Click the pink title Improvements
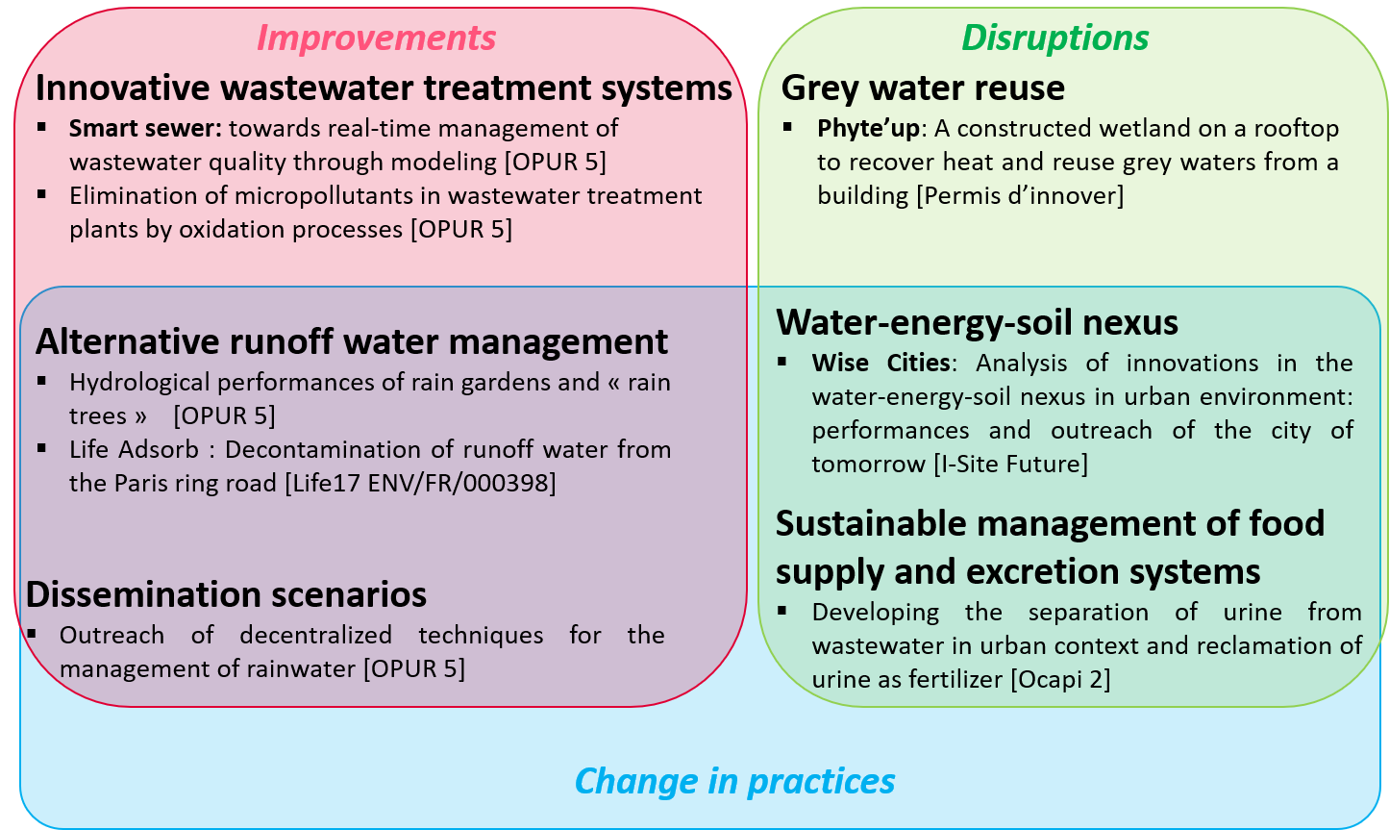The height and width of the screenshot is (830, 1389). coord(377,38)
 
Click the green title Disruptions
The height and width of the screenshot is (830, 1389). coord(1054,38)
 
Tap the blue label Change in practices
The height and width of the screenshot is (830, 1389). coord(734,781)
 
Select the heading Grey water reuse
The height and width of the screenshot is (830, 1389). coord(923,88)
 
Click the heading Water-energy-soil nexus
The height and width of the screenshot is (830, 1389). coord(977,322)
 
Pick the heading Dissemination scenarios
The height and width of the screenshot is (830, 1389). coord(226,594)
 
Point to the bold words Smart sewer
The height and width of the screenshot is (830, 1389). coord(145,129)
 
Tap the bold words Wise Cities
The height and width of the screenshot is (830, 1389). coord(881,363)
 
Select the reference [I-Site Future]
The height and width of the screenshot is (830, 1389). coord(1010,464)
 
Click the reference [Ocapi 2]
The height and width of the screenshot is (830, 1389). coord(1060,679)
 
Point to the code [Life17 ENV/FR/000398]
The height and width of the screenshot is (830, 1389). coord(420,483)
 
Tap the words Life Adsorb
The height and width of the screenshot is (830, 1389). coord(134,450)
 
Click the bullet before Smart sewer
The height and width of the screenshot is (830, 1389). coord(42,127)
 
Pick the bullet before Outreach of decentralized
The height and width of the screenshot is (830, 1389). coord(31,634)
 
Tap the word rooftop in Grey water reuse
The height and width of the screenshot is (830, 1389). coord(1297,129)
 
